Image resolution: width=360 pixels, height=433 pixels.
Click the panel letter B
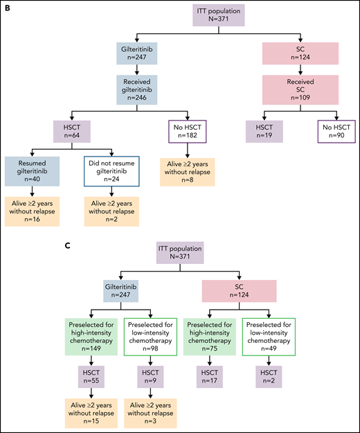pos(8,9)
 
